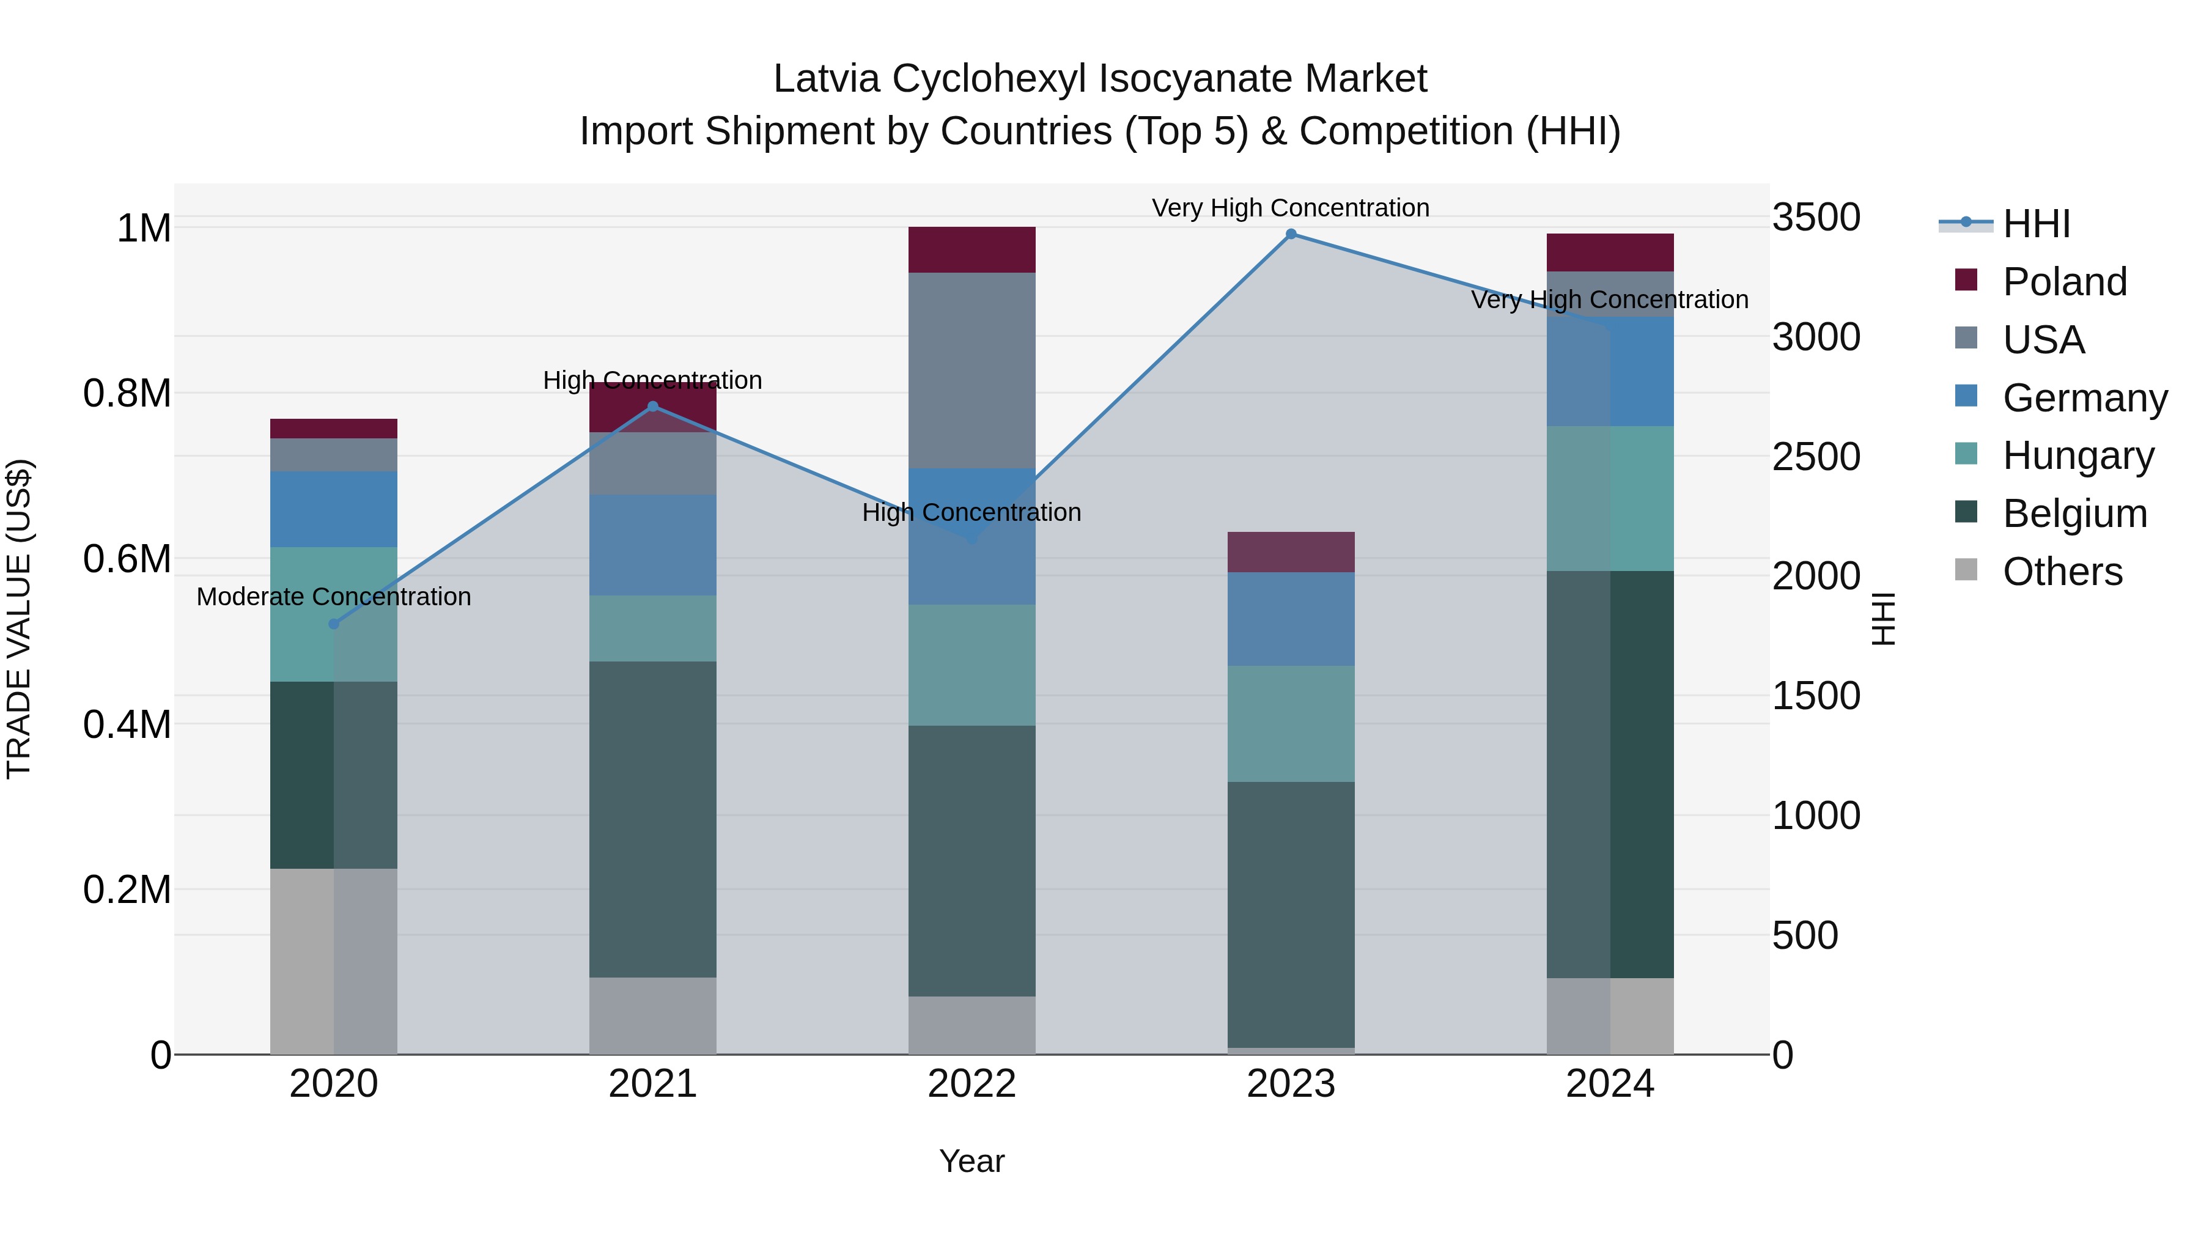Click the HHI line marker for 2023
coord(1291,234)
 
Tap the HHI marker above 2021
coord(653,407)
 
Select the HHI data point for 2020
coord(334,624)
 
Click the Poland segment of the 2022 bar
coord(971,249)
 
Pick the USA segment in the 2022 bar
coord(971,370)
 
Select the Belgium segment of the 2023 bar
coord(1291,914)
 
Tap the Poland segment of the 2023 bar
coord(1291,552)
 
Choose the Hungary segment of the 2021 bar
coord(653,628)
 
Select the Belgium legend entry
coord(2074,514)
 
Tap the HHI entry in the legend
coord(2035,224)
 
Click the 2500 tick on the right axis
coord(1816,457)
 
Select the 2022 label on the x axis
coord(971,1084)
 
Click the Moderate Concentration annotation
coord(334,596)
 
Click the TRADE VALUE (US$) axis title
coord(19,619)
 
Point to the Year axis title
coord(971,1161)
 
